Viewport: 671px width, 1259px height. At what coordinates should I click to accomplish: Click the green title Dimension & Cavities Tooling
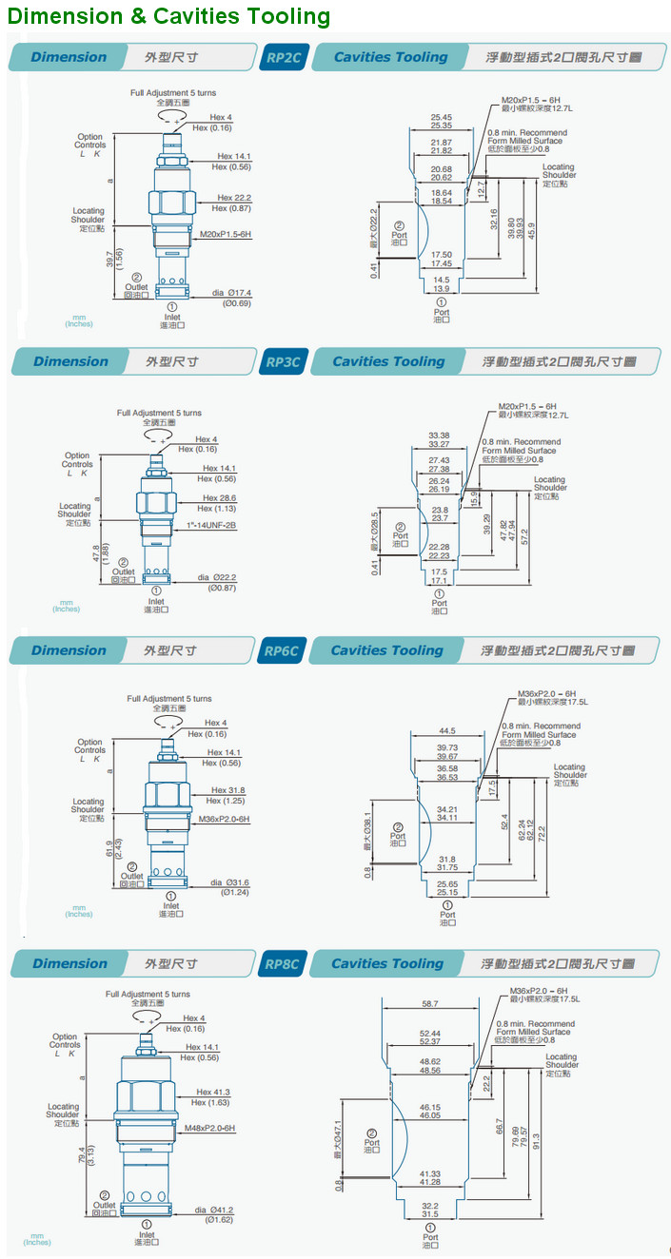pyautogui.click(x=169, y=16)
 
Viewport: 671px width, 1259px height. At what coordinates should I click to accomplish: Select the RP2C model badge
pyautogui.click(x=283, y=57)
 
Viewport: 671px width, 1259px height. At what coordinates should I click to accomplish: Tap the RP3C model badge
pyautogui.click(x=282, y=362)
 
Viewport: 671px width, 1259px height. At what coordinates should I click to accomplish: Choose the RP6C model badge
pyautogui.click(x=281, y=651)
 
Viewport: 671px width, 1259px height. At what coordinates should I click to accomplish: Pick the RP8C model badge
pyautogui.click(x=282, y=964)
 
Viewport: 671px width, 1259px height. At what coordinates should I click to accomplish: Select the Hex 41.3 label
pyautogui.click(x=213, y=1092)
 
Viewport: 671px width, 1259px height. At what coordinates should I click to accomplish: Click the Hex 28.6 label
pyautogui.click(x=220, y=497)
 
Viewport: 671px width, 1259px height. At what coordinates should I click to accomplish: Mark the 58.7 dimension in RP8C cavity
pyautogui.click(x=430, y=1003)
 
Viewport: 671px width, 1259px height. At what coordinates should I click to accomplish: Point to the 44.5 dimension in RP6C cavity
pyautogui.click(x=446, y=730)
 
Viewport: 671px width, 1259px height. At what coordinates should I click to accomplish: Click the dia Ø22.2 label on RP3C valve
pyautogui.click(x=217, y=577)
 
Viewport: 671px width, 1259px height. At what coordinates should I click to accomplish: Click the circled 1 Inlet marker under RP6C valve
pyautogui.click(x=171, y=895)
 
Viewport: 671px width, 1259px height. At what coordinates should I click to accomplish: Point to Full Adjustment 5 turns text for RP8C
pyautogui.click(x=148, y=994)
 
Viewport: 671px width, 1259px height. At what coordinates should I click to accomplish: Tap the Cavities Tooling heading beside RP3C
pyautogui.click(x=388, y=362)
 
